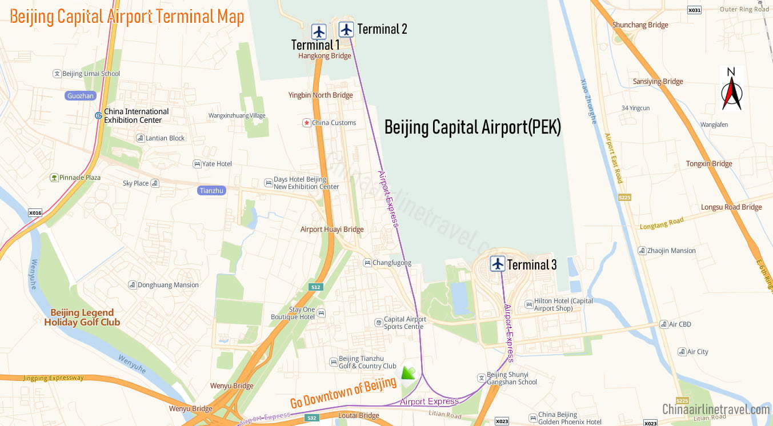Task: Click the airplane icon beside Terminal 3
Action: click(498, 264)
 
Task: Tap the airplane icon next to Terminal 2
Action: click(346, 29)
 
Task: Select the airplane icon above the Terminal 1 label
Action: click(319, 31)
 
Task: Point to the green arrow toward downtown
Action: click(408, 373)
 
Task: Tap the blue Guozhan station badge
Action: click(81, 96)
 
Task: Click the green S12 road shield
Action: click(315, 287)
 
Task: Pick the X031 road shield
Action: click(694, 10)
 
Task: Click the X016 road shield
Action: click(35, 213)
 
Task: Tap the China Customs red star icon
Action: click(307, 123)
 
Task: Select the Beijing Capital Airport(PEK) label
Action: click(472, 127)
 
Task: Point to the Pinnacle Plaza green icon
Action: click(54, 178)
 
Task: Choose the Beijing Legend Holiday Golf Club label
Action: click(82, 318)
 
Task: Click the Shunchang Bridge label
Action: click(640, 25)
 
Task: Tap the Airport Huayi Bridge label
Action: click(332, 230)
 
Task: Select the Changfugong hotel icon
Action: click(367, 263)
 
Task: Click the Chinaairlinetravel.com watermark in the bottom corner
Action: click(716, 409)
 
